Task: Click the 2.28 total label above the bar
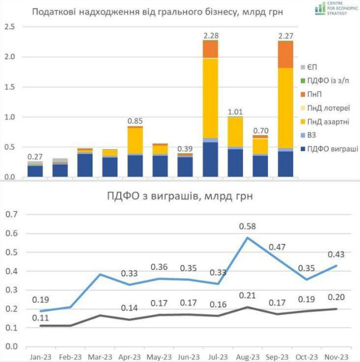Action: coord(211,36)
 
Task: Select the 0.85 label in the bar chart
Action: coord(135,121)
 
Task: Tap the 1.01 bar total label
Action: coord(235,112)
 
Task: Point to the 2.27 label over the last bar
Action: coord(285,36)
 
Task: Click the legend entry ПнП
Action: coord(311,94)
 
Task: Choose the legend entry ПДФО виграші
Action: coord(329,149)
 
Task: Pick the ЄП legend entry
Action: coord(308,67)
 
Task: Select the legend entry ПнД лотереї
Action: coord(325,108)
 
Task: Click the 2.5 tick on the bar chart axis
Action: coord(9,27)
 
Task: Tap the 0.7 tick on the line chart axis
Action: coord(11,214)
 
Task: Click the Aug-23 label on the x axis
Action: coord(248,357)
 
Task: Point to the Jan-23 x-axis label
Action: coord(40,357)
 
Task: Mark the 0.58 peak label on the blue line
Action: coord(247,226)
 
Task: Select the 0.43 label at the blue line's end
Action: coord(336,254)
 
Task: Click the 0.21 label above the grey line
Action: coord(247,295)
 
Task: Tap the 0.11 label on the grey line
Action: coord(40,318)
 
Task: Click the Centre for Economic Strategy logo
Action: coord(336,8)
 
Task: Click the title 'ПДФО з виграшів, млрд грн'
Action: coord(180,196)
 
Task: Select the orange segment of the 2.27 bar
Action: coord(285,54)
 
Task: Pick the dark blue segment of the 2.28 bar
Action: coord(210,159)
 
